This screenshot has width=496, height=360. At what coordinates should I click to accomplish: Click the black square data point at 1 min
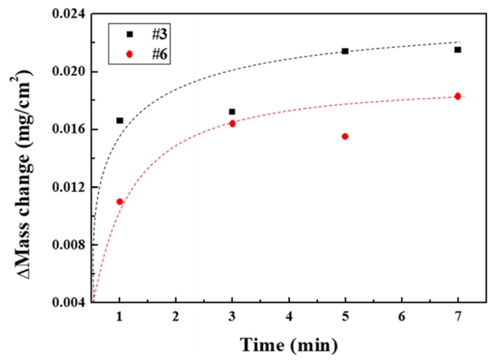point(119,121)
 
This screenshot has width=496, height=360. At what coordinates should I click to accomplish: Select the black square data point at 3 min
point(231,112)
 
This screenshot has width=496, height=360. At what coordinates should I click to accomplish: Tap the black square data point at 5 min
point(345,51)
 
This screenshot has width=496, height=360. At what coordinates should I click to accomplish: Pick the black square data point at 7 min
point(457,50)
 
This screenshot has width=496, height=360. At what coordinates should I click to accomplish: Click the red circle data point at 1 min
point(119,201)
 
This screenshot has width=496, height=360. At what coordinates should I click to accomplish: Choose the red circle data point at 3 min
point(232,123)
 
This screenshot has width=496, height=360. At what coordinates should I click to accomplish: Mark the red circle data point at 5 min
point(345,137)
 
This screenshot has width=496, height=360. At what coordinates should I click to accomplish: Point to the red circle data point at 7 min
point(457,96)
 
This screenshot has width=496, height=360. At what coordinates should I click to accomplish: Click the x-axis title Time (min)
point(288,344)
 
